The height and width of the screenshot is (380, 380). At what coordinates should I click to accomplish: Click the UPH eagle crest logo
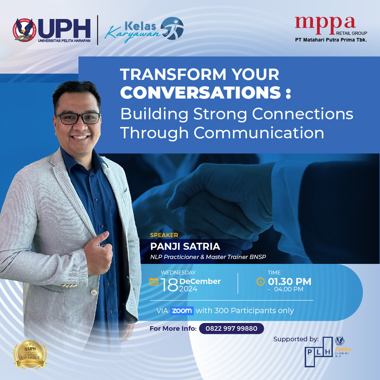click(x=25, y=30)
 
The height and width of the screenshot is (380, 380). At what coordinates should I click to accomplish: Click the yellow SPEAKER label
click(x=164, y=235)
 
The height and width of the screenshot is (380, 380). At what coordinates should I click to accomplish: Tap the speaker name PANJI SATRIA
click(x=185, y=246)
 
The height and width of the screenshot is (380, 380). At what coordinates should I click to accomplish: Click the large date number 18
click(x=169, y=285)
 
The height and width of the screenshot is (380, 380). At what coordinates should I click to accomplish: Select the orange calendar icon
click(x=154, y=281)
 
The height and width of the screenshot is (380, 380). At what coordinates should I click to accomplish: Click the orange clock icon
click(x=260, y=281)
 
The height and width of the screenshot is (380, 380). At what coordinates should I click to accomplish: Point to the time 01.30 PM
click(x=289, y=281)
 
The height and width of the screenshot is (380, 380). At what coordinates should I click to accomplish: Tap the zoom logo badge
click(x=182, y=311)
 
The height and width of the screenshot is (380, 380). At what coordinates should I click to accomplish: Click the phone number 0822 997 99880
click(x=231, y=329)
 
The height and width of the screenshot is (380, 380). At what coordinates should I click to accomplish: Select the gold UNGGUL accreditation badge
click(x=31, y=354)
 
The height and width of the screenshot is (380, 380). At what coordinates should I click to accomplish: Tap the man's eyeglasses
click(x=77, y=118)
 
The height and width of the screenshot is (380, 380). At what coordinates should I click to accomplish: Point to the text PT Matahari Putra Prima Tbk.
click(x=331, y=40)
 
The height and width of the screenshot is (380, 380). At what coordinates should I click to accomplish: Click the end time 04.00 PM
click(x=289, y=290)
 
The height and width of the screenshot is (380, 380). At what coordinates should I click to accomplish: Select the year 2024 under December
click(x=188, y=289)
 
